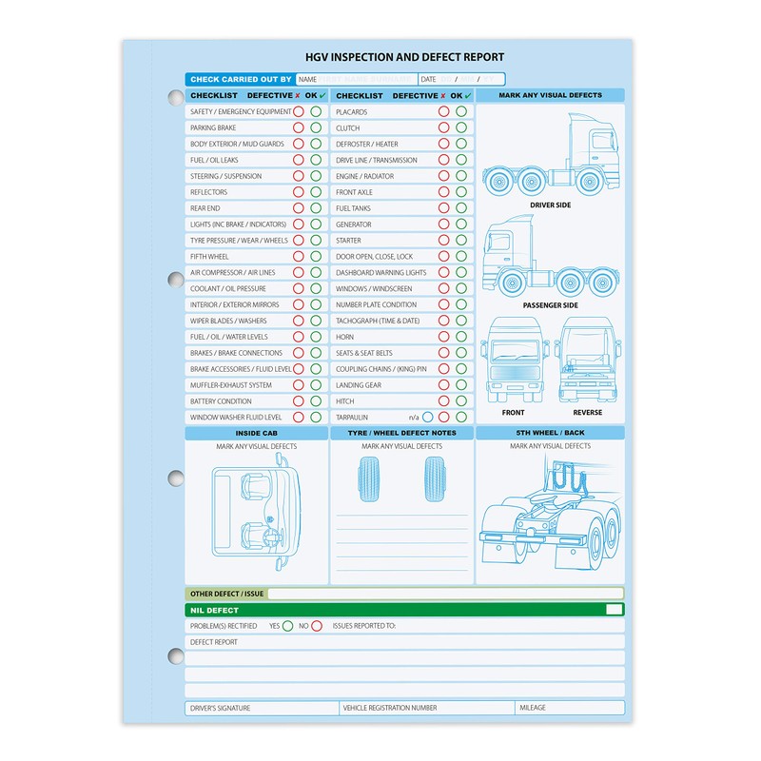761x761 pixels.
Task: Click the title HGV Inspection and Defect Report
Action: click(x=404, y=58)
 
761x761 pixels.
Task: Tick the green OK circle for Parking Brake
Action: click(x=316, y=127)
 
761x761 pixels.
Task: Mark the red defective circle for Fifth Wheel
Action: click(x=299, y=257)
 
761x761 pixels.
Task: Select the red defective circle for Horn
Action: click(x=444, y=338)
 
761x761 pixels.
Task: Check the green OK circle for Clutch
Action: click(x=461, y=127)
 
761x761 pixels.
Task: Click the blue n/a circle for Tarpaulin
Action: click(x=427, y=418)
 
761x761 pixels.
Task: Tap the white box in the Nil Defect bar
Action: click(x=615, y=610)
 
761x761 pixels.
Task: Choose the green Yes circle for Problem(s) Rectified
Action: click(x=287, y=626)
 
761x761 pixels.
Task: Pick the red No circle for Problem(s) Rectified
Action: click(x=317, y=626)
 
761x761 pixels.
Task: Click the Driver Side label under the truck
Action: click(x=551, y=205)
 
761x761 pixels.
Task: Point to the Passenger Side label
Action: click(x=551, y=305)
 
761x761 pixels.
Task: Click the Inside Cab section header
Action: click(x=256, y=433)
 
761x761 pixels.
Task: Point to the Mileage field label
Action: click(x=534, y=708)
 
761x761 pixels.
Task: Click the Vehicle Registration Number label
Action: click(x=390, y=708)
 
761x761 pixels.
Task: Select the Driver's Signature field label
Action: click(x=221, y=708)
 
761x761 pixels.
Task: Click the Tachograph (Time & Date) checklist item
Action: click(x=378, y=322)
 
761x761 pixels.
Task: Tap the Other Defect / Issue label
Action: click(x=226, y=594)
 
